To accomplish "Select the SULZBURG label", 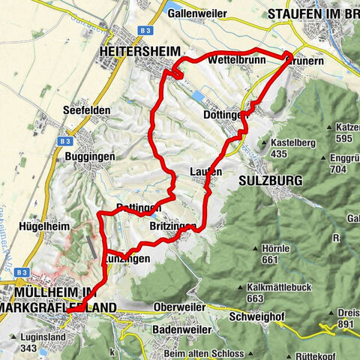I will pyautogui.click(x=269, y=181).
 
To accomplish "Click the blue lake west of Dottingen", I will pyautogui.click(x=198, y=97).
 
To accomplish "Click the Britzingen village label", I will pyautogui.click(x=172, y=226).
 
